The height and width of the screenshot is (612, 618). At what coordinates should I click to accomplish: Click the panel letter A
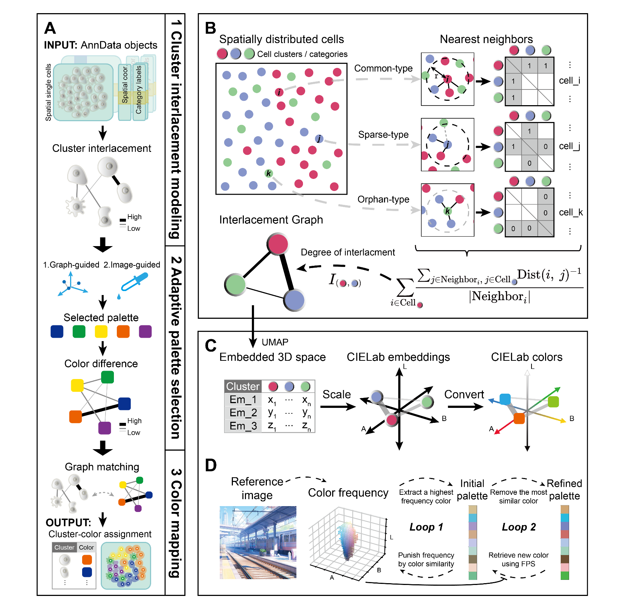50,28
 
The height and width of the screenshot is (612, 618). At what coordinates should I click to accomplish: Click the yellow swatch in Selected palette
101,332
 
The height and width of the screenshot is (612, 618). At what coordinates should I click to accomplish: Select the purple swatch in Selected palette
145,332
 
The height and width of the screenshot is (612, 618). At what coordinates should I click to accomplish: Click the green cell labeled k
269,173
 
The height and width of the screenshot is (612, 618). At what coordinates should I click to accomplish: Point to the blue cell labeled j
319,139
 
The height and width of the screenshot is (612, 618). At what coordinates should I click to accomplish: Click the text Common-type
383,68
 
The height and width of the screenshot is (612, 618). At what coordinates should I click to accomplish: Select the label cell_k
571,212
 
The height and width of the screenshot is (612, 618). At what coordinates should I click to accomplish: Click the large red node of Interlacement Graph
278,244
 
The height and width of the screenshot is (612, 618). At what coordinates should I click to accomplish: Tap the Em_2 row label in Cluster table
243,413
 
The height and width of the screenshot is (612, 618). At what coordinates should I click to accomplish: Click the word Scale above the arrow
336,394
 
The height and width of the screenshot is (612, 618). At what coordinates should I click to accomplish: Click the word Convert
464,394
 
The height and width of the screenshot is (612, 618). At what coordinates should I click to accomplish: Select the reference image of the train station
258,542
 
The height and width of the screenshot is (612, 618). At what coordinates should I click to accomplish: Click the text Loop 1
426,527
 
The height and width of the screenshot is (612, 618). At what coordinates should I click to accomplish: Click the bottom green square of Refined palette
565,575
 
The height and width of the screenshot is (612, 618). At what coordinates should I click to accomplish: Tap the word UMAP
275,342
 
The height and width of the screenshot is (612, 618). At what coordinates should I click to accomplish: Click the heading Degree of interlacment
348,252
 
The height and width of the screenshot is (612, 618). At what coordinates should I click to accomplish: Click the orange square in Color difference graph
76,417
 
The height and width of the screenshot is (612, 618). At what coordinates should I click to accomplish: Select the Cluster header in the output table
64,547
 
